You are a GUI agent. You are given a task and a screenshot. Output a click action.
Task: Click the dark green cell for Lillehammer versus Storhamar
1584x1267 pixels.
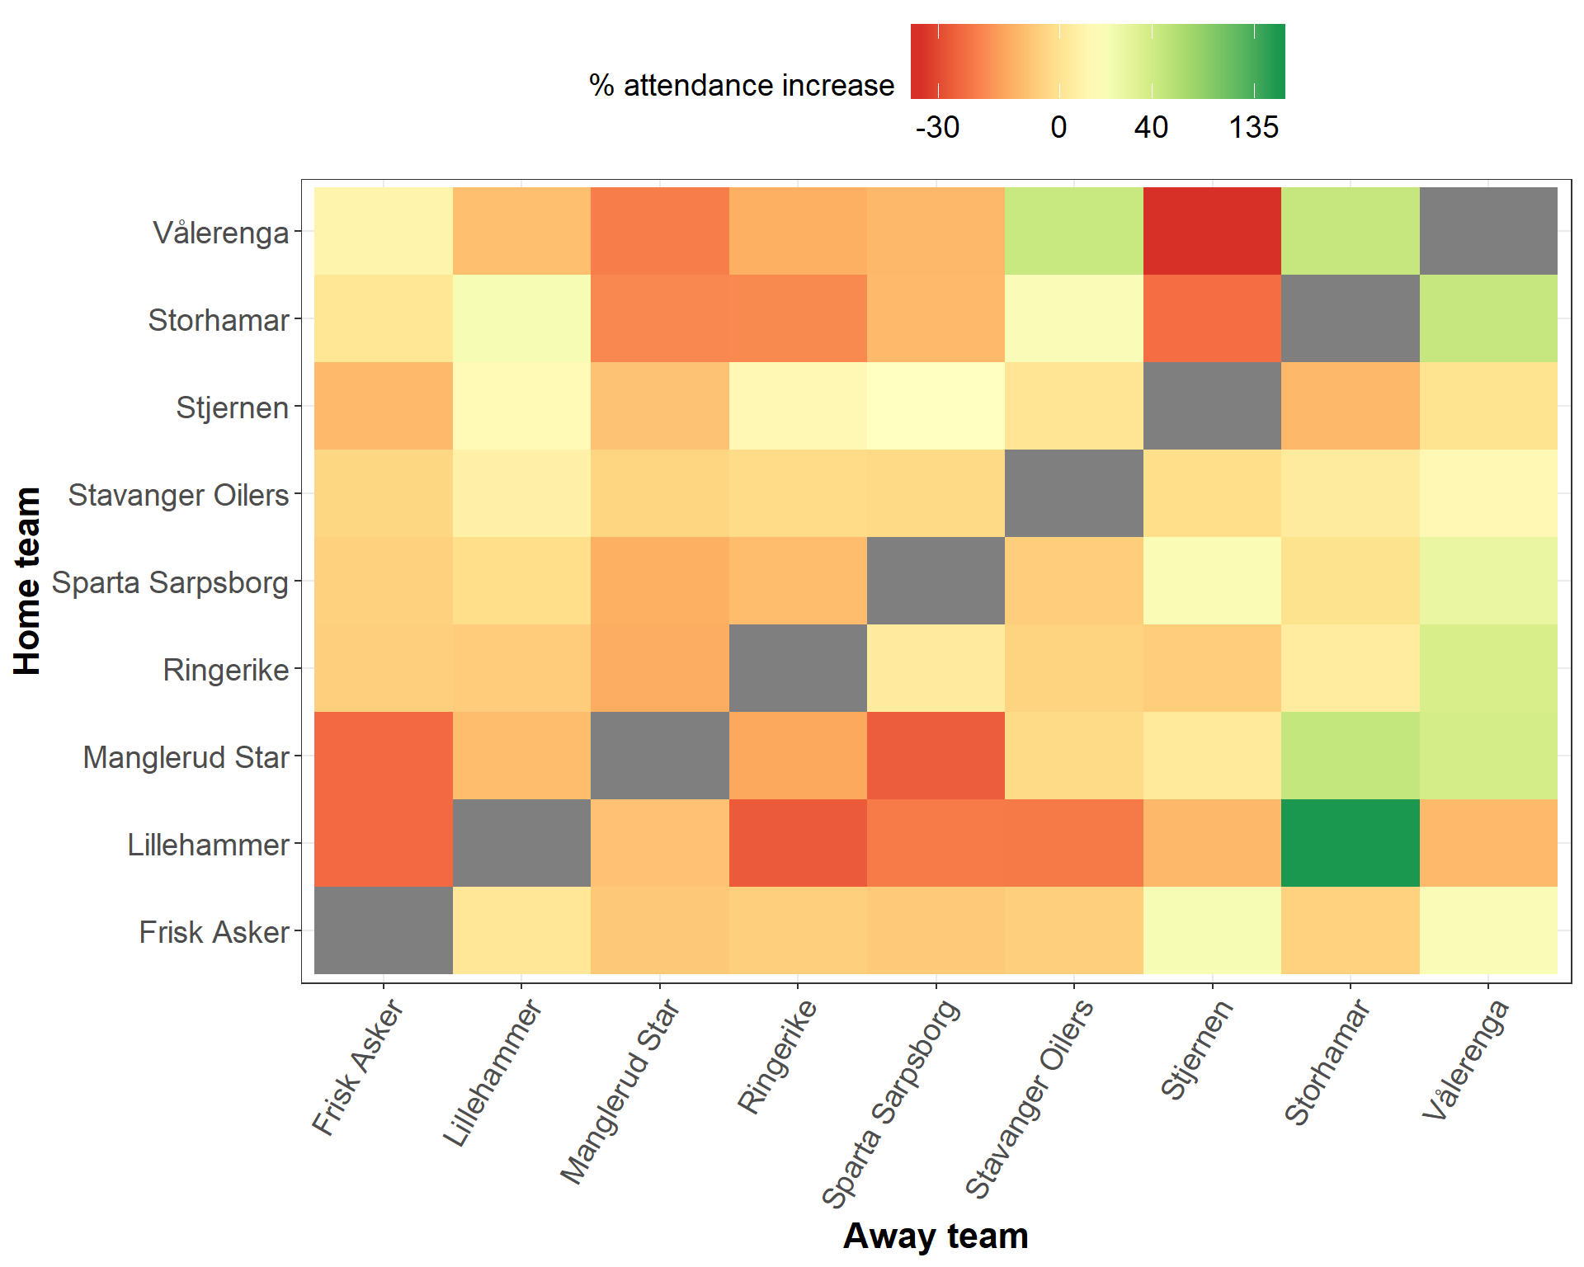tap(1350, 843)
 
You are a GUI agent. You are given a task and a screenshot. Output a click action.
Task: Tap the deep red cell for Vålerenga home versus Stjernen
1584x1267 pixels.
tap(1212, 231)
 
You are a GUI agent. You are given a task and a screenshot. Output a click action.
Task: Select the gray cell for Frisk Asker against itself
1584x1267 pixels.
tap(384, 930)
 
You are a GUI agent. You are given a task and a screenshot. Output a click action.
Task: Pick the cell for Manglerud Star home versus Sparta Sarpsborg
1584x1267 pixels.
tap(936, 756)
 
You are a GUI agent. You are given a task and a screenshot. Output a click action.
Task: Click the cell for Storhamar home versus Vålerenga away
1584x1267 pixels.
tap(1488, 318)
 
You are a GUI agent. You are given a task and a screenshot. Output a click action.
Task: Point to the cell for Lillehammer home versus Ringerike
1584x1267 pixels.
tap(798, 843)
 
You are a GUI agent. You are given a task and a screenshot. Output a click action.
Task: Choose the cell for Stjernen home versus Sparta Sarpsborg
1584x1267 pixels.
tap(936, 406)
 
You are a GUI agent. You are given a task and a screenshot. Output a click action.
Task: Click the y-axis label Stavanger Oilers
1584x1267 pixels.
tap(178, 495)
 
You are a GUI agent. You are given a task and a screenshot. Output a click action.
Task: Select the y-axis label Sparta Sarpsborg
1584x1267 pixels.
tap(170, 582)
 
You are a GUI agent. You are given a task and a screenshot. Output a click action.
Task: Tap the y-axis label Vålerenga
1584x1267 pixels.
tap(221, 233)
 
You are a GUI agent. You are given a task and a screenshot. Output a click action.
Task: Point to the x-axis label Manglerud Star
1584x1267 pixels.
tap(620, 1090)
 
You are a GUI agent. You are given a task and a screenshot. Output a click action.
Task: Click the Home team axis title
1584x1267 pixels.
tap(27, 581)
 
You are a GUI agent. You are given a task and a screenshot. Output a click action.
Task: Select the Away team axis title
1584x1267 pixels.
tap(936, 1236)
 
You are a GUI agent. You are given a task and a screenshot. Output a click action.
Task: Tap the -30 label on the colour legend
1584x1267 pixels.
tap(937, 127)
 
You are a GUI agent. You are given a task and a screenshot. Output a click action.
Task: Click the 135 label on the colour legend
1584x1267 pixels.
tap(1254, 127)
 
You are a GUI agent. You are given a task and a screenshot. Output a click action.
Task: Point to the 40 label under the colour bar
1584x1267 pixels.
tap(1151, 127)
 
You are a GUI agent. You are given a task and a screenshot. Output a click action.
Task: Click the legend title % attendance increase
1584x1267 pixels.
tap(742, 85)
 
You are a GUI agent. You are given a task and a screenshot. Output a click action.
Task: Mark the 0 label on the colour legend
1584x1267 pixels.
tap(1059, 127)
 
